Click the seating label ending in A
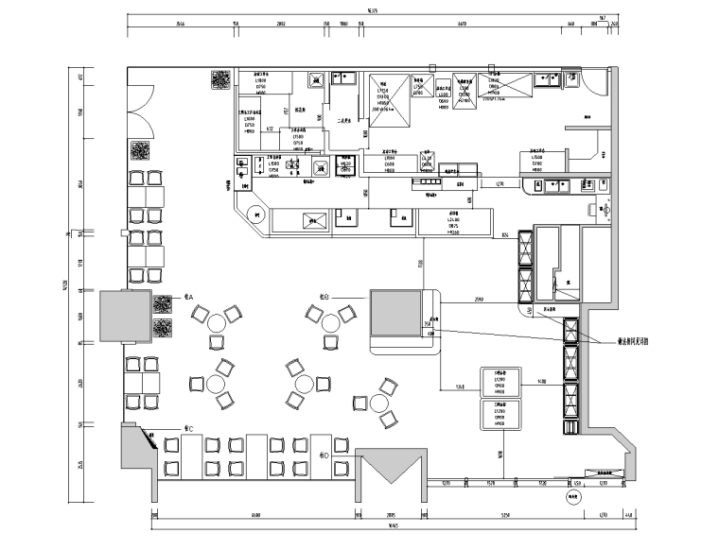pyautogui.click(x=188, y=298)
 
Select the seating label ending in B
pyautogui.click(x=324, y=297)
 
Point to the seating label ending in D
pyautogui.click(x=323, y=455)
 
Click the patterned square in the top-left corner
pyautogui.click(x=219, y=79)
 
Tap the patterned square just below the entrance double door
pyautogui.click(x=138, y=150)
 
